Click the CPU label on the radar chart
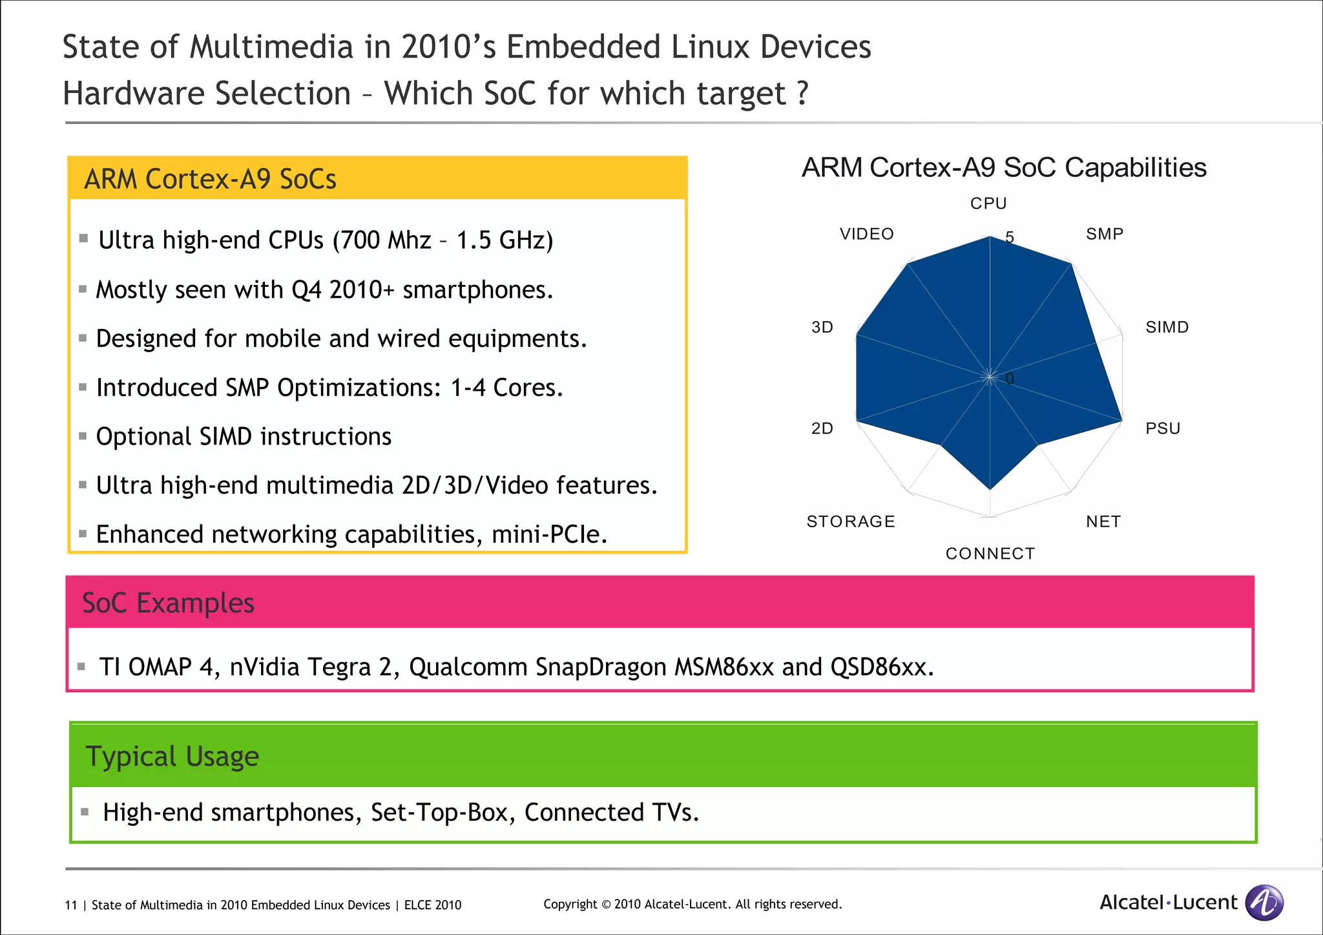[988, 204]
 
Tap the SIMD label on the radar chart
[1167, 327]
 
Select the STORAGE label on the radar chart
[851, 521]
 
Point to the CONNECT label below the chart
[990, 554]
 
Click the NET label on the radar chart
[1103, 521]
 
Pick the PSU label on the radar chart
[1163, 428]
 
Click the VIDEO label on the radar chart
[867, 234]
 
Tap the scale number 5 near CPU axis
[1010, 238]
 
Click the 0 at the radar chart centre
[1010, 379]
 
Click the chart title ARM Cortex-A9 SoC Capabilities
[1004, 167]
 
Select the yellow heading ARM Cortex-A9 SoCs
[211, 179]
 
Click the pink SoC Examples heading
[168, 603]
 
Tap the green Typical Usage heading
[172, 756]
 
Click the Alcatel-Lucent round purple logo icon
[1264, 902]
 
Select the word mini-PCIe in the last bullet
[548, 534]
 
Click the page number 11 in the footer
[70, 905]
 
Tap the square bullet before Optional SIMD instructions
[83, 436]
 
